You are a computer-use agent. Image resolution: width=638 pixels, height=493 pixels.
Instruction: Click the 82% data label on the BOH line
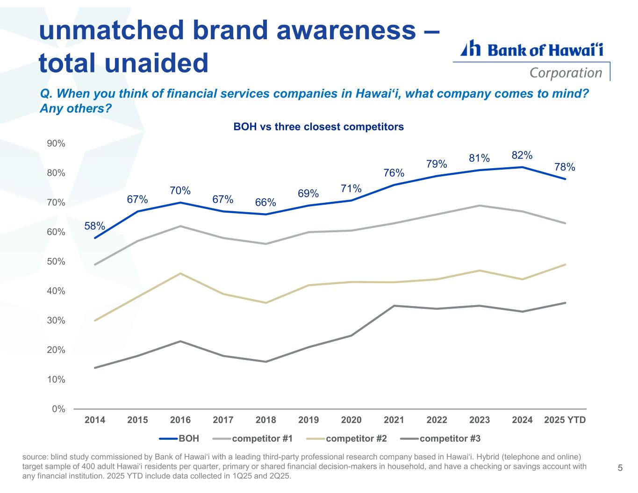[522, 155]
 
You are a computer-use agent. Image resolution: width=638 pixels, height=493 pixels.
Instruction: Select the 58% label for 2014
[94, 226]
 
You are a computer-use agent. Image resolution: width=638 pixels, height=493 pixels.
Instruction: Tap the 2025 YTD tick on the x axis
[565, 420]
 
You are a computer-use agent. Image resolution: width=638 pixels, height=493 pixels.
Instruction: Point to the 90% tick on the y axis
[56, 143]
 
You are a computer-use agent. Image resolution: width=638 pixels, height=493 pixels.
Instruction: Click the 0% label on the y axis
[58, 409]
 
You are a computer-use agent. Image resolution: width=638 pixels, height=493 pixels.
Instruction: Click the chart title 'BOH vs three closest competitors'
[318, 127]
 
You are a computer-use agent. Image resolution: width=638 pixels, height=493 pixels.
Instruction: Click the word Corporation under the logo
[566, 73]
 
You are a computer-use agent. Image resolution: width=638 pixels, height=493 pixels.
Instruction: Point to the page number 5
[620, 468]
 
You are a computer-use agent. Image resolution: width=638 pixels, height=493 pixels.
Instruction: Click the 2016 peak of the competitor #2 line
[180, 273]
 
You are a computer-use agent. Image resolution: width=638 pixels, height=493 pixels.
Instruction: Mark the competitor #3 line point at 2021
[394, 306]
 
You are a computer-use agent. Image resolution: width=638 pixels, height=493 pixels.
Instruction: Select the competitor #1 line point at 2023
[480, 206]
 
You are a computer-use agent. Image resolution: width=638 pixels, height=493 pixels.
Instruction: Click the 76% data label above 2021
[394, 173]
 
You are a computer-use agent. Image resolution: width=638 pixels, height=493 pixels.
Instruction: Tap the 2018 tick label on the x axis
[266, 420]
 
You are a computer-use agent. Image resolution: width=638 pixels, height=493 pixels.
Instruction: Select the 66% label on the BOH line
[265, 202]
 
